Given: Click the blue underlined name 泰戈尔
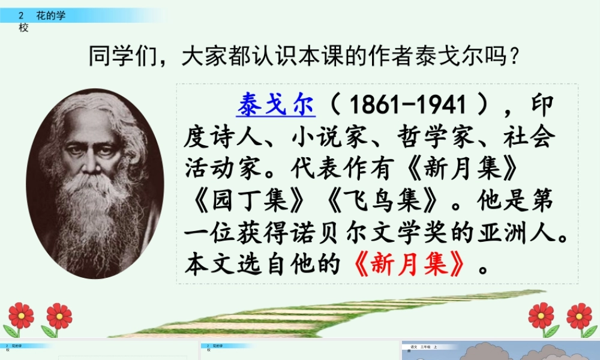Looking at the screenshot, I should pyautogui.click(x=275, y=106).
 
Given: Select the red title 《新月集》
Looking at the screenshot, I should pyautogui.click(x=410, y=264).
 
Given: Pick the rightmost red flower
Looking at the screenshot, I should pyautogui.click(x=579, y=316).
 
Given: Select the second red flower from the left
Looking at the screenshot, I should pyautogui.click(x=59, y=316).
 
